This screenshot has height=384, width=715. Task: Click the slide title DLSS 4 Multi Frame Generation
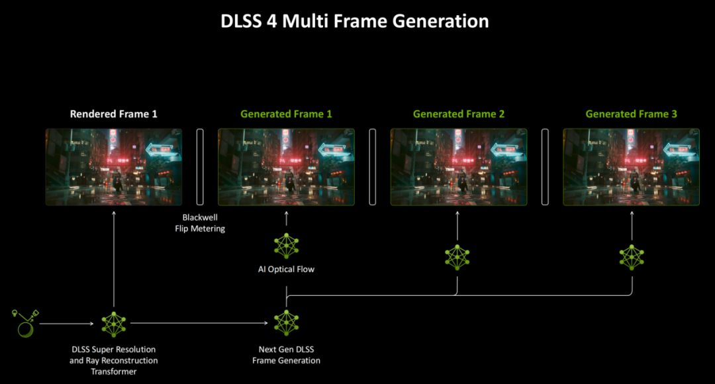(354, 21)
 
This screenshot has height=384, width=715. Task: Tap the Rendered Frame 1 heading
(114, 114)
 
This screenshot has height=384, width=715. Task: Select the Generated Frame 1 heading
(286, 114)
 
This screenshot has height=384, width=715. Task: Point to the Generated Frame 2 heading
(459, 114)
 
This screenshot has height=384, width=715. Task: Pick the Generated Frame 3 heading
(631, 114)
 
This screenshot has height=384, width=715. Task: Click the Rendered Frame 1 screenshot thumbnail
(114, 167)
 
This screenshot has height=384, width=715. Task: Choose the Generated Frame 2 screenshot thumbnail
(459, 167)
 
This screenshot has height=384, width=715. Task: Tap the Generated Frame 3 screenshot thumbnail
(631, 167)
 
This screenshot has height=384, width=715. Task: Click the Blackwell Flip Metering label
(200, 223)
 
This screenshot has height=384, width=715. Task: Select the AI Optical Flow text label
(286, 269)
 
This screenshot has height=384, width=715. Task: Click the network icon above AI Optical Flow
(287, 246)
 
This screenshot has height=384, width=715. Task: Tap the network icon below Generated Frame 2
(457, 258)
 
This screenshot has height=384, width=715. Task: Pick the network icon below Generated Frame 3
(632, 258)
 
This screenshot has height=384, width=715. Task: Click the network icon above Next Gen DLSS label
(287, 323)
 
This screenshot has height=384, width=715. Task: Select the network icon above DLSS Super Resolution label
(114, 324)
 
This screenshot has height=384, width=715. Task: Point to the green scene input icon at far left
(25, 323)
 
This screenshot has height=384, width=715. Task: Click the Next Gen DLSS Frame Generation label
(286, 355)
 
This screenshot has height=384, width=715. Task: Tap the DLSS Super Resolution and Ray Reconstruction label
(114, 360)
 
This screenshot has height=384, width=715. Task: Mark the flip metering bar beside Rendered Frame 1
(200, 167)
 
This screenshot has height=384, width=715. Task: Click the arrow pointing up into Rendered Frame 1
(114, 259)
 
